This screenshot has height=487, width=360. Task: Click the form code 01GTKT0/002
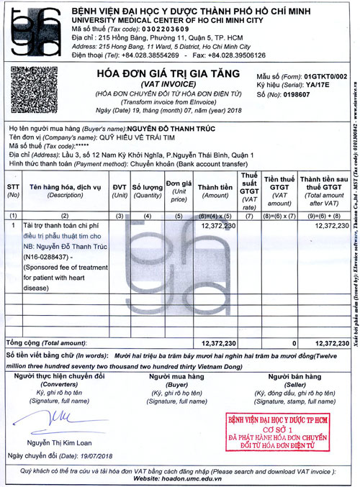click(x=320, y=76)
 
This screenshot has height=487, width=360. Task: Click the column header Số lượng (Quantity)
click(x=146, y=188)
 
